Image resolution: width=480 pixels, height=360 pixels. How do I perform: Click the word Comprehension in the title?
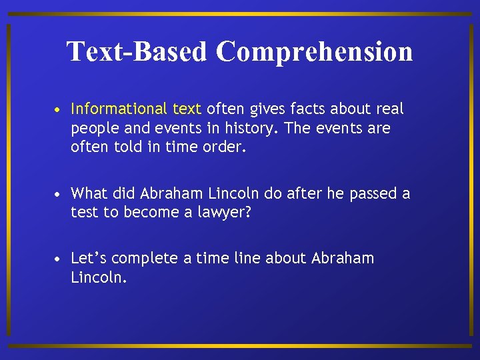click(314, 51)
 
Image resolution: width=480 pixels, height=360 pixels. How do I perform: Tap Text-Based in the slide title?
click(137, 51)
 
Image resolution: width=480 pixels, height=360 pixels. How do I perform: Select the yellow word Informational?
click(119, 109)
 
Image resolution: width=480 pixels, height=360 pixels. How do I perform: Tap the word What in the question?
click(89, 193)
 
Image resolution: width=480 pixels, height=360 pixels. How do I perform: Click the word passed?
click(373, 193)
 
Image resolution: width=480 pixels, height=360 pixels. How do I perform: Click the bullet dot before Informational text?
click(59, 109)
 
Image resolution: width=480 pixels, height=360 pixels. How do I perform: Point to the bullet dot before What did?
click(59, 194)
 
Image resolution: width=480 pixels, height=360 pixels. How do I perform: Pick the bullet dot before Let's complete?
click(59, 259)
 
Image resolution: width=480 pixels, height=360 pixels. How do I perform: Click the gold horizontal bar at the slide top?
click(240, 13)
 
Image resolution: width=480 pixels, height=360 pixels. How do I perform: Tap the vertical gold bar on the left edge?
click(9, 180)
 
